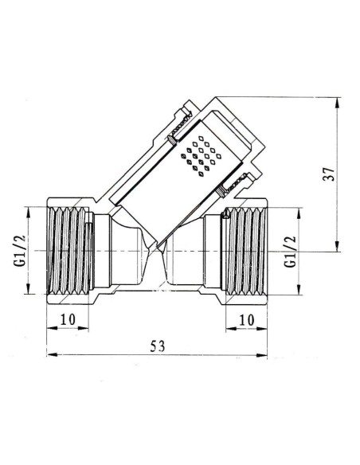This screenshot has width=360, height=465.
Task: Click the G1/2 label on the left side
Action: click(22, 249)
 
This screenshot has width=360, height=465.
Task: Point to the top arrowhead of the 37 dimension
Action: click(339, 100)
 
